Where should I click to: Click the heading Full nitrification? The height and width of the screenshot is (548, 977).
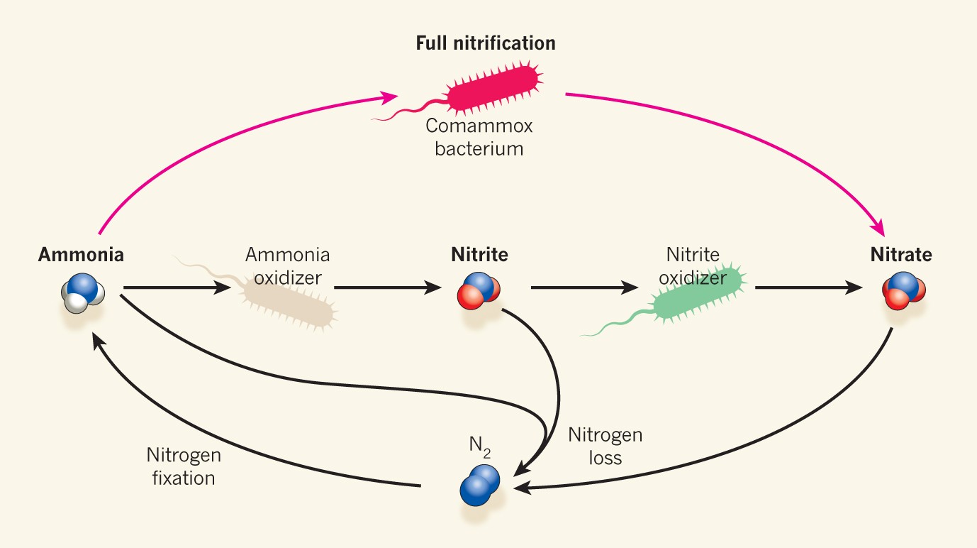pos(485,43)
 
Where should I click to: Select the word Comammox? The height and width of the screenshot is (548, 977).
pos(479,127)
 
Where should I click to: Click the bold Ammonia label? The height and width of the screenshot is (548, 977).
pos(81,254)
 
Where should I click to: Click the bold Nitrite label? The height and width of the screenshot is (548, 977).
pos(479,254)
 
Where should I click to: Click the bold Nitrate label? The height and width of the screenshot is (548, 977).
pos(901,254)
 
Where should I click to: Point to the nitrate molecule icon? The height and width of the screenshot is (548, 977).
pos(903,289)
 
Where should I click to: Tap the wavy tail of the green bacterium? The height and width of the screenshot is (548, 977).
pos(617,326)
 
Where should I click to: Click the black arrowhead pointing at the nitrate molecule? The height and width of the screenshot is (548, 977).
pos(856,288)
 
